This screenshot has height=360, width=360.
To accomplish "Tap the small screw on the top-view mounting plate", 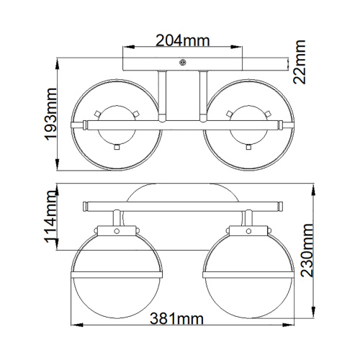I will [x=183, y=63].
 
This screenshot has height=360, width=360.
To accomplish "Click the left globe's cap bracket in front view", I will [x=114, y=230].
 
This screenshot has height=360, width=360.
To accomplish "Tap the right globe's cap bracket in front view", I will [x=243, y=230].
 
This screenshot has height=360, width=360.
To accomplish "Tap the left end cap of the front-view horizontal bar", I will [x=85, y=205].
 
